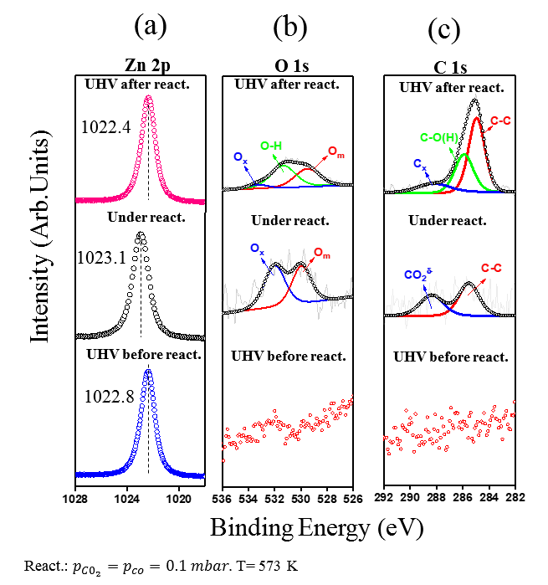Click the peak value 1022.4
point(105,128)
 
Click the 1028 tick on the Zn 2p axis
point(75,500)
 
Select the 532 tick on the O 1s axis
point(274,500)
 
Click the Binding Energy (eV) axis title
point(316,529)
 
